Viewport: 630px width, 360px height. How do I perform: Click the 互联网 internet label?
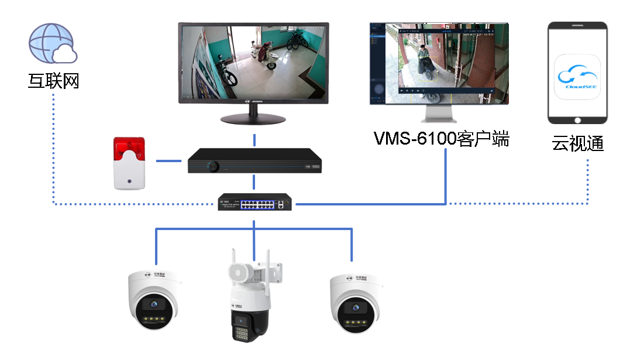53,81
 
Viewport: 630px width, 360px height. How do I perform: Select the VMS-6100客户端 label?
442,139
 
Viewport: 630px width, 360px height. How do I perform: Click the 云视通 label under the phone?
577,143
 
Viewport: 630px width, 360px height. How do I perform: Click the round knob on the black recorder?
214,167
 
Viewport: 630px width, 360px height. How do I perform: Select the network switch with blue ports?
254,203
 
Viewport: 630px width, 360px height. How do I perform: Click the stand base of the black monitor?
254,119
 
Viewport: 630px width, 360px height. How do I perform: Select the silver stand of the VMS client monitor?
439,111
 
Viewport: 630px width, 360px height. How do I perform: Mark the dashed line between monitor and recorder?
254,140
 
